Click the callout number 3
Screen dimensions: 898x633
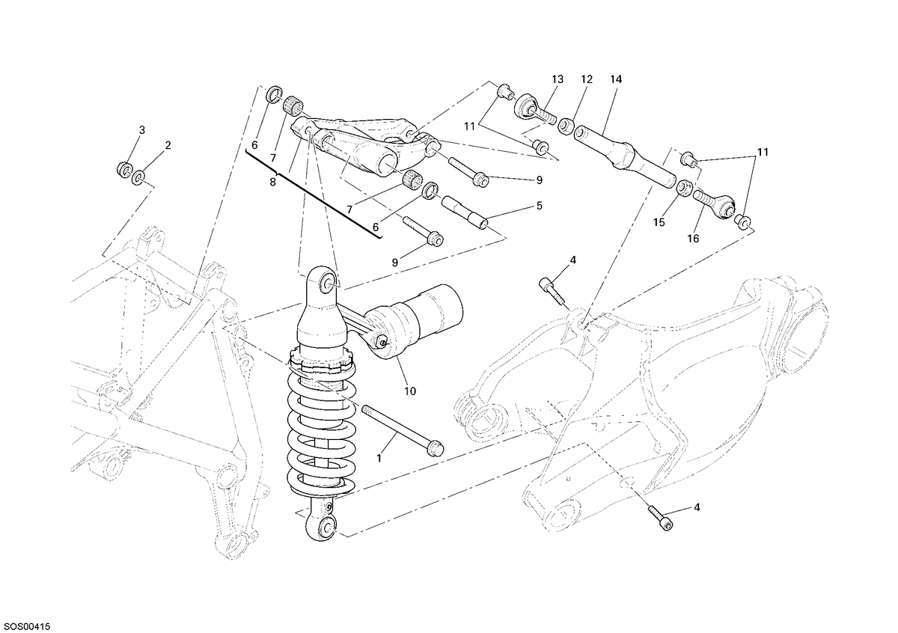(x=141, y=130)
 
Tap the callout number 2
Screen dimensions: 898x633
(x=168, y=145)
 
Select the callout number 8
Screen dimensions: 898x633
(x=273, y=183)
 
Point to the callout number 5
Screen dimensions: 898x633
(x=540, y=206)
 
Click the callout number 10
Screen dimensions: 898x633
(x=410, y=391)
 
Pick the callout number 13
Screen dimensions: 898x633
(x=558, y=79)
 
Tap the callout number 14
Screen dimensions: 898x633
(x=616, y=79)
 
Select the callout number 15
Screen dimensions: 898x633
(x=659, y=222)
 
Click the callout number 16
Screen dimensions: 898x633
(x=693, y=239)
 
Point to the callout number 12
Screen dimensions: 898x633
(x=587, y=79)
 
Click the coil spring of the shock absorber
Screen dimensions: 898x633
(x=322, y=429)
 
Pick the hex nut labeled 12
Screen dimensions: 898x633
(x=565, y=127)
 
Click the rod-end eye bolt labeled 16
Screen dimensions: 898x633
(x=715, y=204)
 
